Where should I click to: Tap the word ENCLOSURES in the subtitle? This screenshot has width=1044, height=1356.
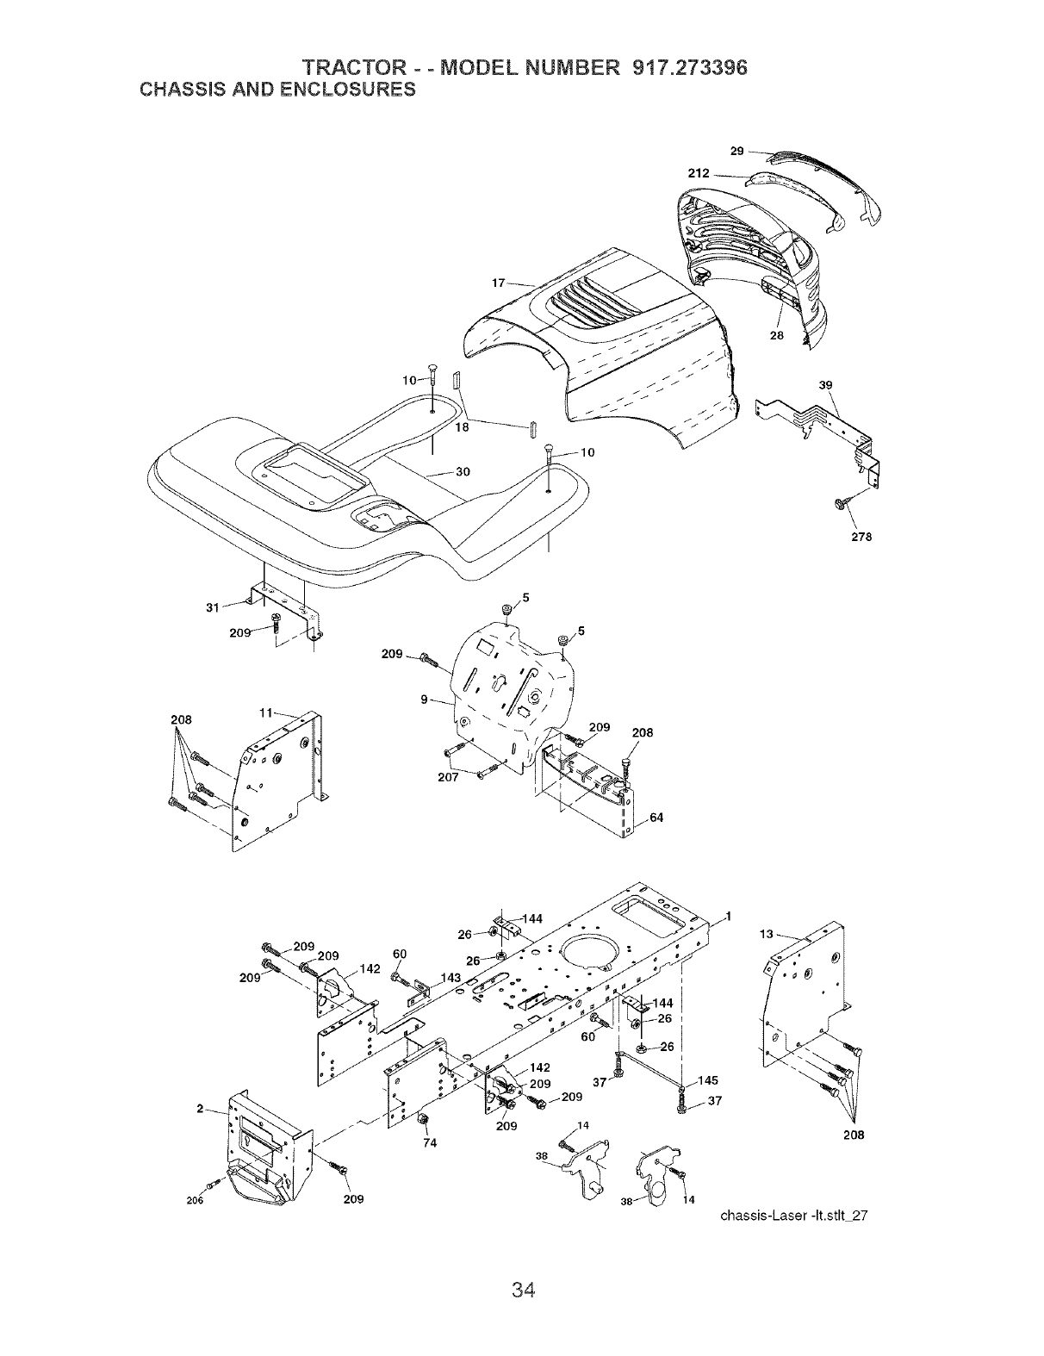coord(345,89)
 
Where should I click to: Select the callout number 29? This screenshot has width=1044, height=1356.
coord(737,152)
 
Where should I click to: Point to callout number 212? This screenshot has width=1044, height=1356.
coord(699,174)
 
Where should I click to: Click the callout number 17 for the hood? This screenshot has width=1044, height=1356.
coord(498,282)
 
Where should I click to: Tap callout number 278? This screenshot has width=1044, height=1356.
coord(861,537)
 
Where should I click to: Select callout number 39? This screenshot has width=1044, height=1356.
coord(826,385)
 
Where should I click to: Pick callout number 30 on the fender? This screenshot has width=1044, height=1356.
coord(463,471)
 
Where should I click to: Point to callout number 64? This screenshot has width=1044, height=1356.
coord(656,818)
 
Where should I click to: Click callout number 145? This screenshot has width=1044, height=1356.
coord(707,1080)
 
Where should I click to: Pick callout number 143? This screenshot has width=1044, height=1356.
coord(451,977)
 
